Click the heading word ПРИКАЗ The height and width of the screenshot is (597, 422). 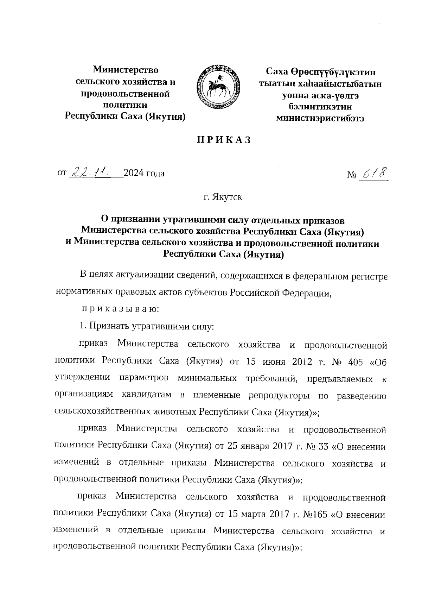[x=224, y=140]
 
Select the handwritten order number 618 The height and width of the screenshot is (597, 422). [x=374, y=173]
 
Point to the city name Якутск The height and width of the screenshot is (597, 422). [x=227, y=197]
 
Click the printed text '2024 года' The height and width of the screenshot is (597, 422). [x=144, y=173]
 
